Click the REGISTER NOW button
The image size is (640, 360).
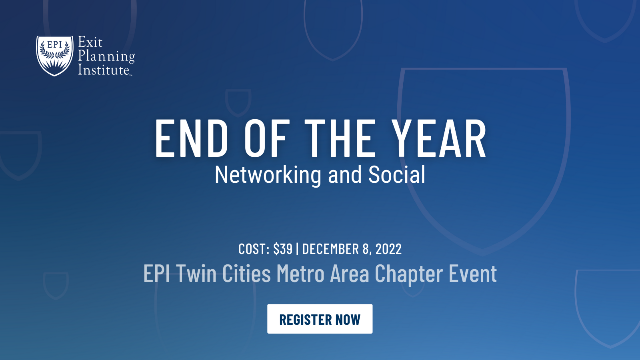[320, 319]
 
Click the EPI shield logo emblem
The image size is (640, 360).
[55, 56]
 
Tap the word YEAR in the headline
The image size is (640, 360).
[439, 138]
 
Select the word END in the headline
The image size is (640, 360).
[192, 138]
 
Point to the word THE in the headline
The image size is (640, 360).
[340, 138]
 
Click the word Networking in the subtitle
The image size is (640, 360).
[268, 175]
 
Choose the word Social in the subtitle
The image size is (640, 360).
[396, 175]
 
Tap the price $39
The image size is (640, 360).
[283, 249]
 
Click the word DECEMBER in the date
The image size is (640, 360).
[330, 249]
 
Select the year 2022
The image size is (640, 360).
[388, 249]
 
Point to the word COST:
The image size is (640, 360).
[254, 249]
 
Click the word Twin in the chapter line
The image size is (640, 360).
[196, 274]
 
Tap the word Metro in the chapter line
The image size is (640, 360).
[300, 274]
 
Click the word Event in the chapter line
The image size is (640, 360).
[473, 274]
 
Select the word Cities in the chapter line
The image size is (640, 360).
[246, 274]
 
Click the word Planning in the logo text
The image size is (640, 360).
[106, 56]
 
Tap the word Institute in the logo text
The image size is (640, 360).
[104, 70]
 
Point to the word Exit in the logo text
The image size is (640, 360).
[90, 42]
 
